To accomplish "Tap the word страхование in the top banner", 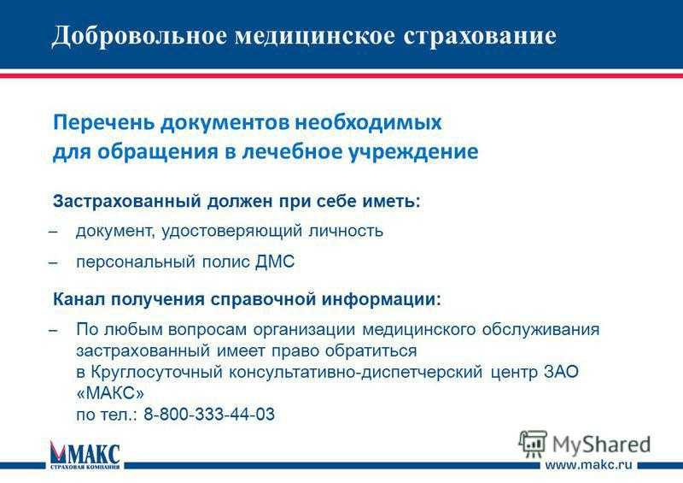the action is point(479,36).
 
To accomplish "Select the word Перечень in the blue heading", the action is point(103,122).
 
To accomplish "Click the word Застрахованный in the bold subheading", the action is point(126,202).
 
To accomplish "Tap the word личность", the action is point(346,231).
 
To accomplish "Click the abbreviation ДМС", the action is point(275,262).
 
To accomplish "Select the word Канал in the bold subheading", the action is point(79,300).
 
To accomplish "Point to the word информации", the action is point(381,300).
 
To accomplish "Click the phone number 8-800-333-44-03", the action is point(209,414).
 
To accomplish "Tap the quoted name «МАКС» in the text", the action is point(110,393).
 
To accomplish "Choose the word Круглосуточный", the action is point(156,373).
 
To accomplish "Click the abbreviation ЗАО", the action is point(561,372).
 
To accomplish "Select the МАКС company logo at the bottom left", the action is point(85,454).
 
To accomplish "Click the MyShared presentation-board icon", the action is point(532,444).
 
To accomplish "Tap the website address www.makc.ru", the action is point(588,465).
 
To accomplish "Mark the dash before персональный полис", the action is point(53,263).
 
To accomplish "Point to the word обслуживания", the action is point(540,330).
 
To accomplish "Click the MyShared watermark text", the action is point(602,445).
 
